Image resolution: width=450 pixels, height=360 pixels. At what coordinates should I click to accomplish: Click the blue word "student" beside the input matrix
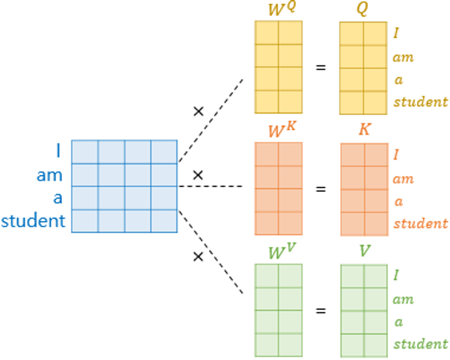(x=33, y=220)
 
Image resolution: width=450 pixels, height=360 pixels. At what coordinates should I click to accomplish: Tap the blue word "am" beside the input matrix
(x=49, y=175)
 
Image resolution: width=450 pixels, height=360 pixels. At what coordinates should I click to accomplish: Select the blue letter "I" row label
(x=58, y=150)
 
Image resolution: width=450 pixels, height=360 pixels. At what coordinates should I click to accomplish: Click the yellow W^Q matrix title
(x=282, y=9)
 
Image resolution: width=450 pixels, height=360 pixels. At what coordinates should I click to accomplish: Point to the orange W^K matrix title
(x=282, y=130)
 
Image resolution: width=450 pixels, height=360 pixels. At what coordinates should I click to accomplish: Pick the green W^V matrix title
(x=282, y=251)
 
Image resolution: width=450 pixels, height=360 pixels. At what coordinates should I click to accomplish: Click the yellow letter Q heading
(x=362, y=8)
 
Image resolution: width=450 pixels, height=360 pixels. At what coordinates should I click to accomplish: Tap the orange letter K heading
(x=364, y=129)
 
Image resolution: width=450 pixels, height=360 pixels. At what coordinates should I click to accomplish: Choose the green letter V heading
(x=364, y=251)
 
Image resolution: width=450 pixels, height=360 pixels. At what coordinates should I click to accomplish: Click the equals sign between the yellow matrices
(x=321, y=67)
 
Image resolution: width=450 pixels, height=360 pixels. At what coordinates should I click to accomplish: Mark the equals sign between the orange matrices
(x=321, y=189)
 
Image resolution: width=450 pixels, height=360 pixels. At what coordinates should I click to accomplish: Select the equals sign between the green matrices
(x=321, y=310)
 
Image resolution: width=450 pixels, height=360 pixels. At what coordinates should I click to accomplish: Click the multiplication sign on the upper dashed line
(x=199, y=111)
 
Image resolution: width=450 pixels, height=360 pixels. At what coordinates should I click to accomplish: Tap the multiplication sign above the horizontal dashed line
(x=198, y=175)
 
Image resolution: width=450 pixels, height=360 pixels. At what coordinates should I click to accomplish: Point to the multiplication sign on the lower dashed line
(x=198, y=256)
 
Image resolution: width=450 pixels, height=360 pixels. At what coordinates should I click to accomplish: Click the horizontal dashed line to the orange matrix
(x=210, y=186)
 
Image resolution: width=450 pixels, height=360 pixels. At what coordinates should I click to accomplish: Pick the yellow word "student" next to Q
(x=420, y=102)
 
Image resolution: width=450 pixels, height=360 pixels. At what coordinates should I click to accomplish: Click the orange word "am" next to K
(x=403, y=179)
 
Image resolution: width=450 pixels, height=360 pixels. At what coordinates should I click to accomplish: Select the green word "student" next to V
(x=420, y=344)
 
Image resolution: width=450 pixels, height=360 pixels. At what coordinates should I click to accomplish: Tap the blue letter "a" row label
(x=58, y=198)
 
